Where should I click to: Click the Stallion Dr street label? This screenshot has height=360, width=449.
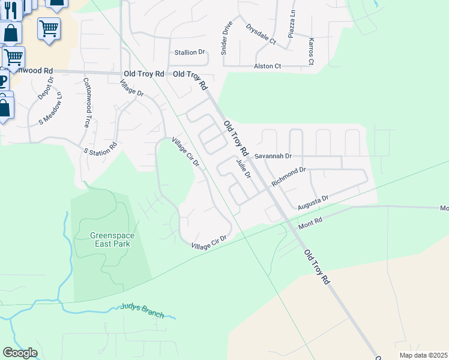[x=189, y=52]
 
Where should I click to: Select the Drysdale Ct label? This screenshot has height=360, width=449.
[x=260, y=34]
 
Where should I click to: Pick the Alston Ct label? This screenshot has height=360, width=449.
[x=267, y=66]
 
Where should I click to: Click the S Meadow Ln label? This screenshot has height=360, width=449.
[x=51, y=108]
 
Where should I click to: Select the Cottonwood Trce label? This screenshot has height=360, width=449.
[x=86, y=103]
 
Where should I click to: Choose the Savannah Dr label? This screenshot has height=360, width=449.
[x=273, y=156]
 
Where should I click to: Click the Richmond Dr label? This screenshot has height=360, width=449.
[x=289, y=176]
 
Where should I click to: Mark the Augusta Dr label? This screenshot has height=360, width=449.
[x=313, y=202]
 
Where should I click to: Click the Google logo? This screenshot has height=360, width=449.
[x=20, y=353]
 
